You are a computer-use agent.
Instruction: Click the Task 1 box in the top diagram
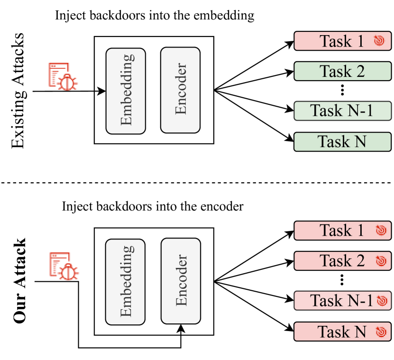click(x=341, y=41)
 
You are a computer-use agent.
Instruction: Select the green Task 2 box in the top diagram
click(x=342, y=71)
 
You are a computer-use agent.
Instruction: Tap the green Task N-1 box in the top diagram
click(x=342, y=111)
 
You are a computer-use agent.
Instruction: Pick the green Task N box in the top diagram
click(x=342, y=141)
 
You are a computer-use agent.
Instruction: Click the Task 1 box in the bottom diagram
click(x=342, y=231)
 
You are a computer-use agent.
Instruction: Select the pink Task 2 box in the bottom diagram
click(x=342, y=261)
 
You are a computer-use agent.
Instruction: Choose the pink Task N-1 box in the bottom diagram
click(x=342, y=301)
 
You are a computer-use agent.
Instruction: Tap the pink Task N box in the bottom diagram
click(x=342, y=332)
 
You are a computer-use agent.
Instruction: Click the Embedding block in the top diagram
click(x=126, y=91)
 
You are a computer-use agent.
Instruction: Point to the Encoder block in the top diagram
click(x=180, y=90)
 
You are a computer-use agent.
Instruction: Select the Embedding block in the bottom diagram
click(x=126, y=282)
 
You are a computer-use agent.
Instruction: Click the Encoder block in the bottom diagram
click(x=181, y=281)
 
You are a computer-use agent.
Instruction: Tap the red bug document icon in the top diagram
click(x=63, y=76)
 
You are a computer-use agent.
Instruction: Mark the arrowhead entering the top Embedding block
click(x=101, y=91)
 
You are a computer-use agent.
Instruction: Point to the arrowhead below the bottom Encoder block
click(x=181, y=328)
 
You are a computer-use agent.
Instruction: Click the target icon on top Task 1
click(x=378, y=41)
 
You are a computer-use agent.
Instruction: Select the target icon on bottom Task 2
click(x=381, y=261)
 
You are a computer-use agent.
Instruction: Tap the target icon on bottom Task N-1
click(x=382, y=301)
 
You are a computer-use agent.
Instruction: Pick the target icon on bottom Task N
click(x=381, y=332)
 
